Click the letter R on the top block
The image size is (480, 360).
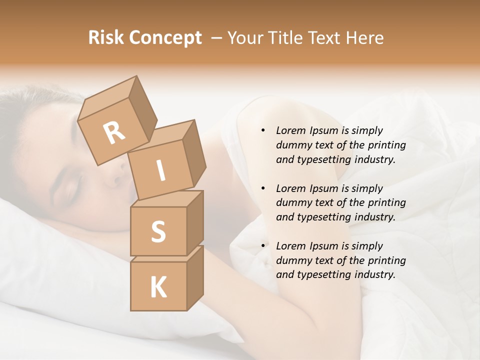coord(114,132)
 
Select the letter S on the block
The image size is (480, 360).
coord(158,232)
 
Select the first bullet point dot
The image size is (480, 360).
coord(263,130)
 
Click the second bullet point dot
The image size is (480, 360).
coord(263,188)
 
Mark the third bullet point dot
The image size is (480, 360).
coord(263,246)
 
